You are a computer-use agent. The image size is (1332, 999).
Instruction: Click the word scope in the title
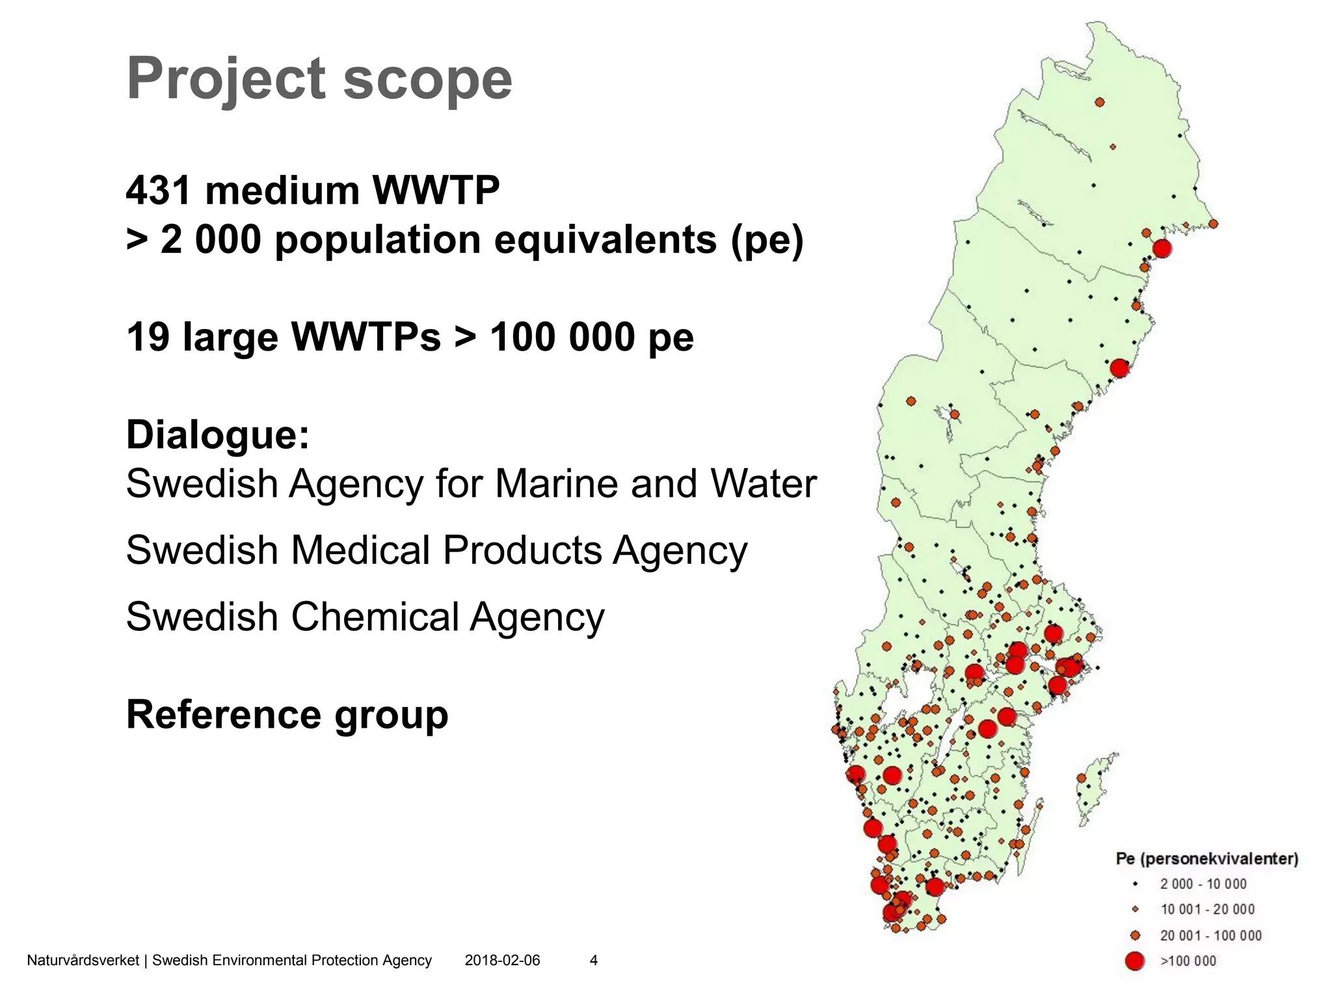[x=427, y=79]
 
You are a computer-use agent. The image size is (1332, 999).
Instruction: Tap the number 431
[x=159, y=191]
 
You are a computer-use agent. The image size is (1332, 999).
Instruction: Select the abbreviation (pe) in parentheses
[x=767, y=240]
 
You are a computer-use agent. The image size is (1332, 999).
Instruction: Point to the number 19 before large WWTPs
[x=148, y=337]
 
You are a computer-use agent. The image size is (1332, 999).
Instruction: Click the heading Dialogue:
[x=218, y=434]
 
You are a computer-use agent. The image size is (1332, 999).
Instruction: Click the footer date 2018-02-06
[x=502, y=960]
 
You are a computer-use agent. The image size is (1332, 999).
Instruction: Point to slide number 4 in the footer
[x=593, y=960]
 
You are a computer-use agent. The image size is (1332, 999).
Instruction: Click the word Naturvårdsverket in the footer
[x=83, y=960]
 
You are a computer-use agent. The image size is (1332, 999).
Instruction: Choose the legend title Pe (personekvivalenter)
[x=1206, y=859]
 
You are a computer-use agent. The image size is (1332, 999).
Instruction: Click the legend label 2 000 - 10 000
[x=1203, y=884]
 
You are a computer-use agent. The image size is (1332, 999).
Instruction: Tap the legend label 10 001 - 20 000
[x=1207, y=909]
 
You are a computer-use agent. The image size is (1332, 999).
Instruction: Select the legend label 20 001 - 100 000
[x=1210, y=935]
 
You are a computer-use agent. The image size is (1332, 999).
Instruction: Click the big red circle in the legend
[x=1135, y=961]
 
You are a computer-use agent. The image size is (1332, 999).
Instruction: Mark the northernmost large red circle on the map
[x=1162, y=248]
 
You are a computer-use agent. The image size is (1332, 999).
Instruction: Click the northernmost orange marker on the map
[x=1100, y=102]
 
